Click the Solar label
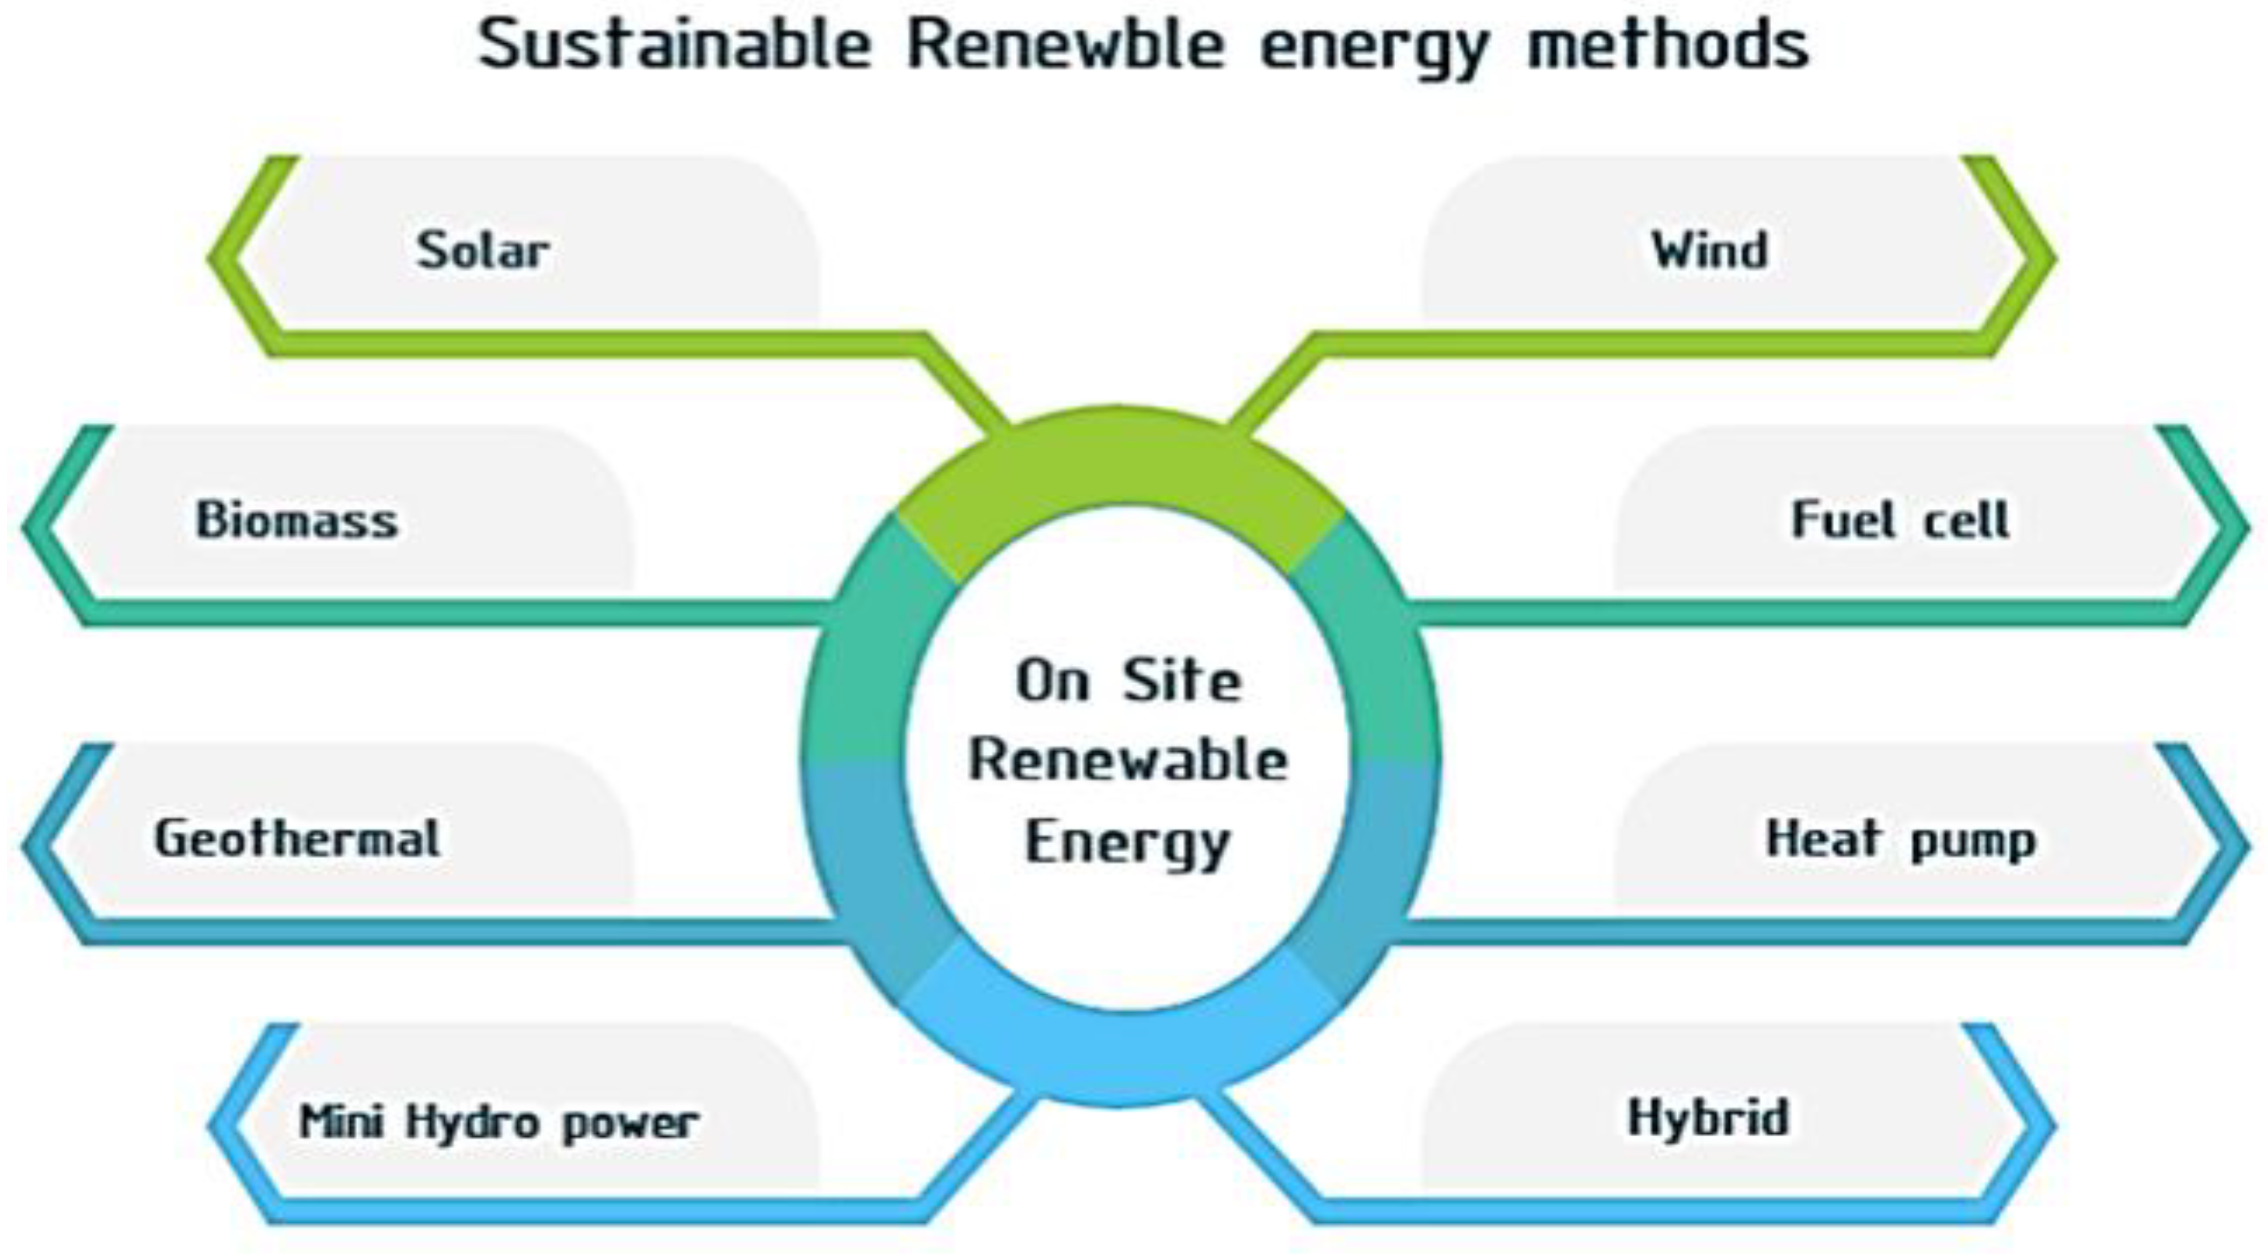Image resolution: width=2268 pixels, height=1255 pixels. point(483,251)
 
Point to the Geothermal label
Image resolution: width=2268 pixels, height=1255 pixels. point(297,839)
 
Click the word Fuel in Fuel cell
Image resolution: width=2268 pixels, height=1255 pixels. point(1843,520)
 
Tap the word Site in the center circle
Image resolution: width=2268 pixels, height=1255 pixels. point(1182,681)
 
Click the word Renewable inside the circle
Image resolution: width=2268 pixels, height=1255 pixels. point(1128,760)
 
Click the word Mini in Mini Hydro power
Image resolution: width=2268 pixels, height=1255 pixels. point(341,1122)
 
